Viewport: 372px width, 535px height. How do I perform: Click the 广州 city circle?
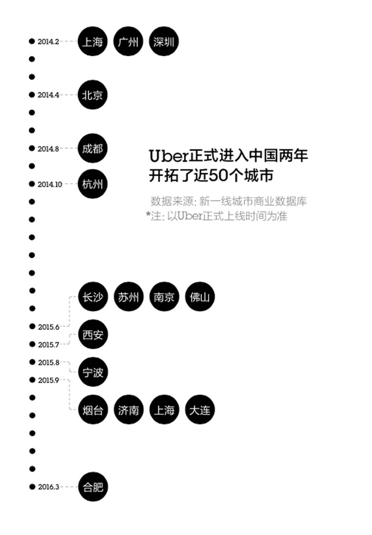point(128,42)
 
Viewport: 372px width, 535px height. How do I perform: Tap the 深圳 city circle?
point(164,42)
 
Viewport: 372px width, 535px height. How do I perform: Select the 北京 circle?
point(93,95)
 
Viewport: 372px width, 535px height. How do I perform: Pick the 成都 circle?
point(93,148)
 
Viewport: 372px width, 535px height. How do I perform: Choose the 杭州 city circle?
point(93,184)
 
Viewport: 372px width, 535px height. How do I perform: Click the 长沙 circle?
point(93,297)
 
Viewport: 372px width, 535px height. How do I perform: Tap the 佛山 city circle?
point(200,297)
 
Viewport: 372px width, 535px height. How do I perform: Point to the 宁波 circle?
point(93,372)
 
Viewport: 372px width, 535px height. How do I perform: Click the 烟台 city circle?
point(93,410)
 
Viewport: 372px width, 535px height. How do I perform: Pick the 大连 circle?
point(200,410)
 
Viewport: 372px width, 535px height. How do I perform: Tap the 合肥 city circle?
point(93,487)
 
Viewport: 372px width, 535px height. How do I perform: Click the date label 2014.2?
point(48,42)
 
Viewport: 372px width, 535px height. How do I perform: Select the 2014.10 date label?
point(50,185)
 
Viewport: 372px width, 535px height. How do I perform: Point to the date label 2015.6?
point(49,327)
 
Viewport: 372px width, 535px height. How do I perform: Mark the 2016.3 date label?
point(49,487)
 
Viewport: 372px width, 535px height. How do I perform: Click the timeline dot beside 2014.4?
point(32,95)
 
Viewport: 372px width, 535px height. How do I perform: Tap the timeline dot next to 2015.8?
point(32,362)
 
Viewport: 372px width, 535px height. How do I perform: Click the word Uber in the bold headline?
point(168,156)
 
